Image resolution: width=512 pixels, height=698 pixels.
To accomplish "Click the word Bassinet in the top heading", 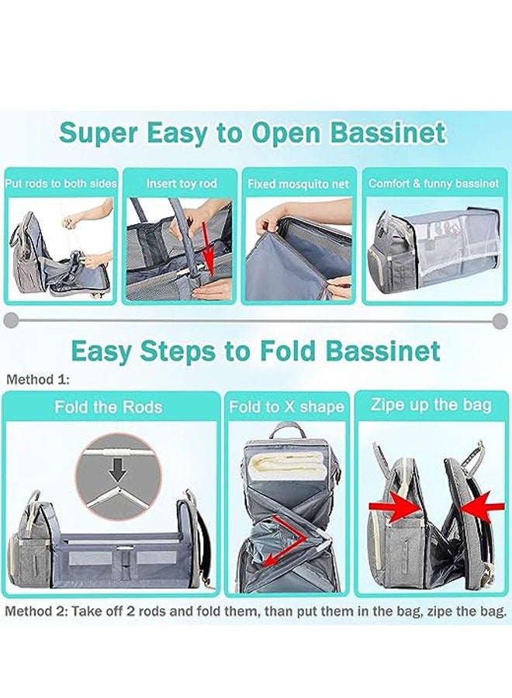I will coord(389,133).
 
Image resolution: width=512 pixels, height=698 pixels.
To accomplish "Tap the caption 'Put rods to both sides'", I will coord(61,184).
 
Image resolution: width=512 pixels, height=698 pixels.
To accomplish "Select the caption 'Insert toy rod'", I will coord(182,184).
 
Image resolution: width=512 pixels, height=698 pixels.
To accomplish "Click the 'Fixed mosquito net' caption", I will coord(299,185).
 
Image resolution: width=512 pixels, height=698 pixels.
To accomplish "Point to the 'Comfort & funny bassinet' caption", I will coord(434,184).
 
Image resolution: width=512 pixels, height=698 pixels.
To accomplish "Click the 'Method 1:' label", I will coord(38,380).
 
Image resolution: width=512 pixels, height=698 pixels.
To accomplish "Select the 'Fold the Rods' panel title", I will coord(108,407).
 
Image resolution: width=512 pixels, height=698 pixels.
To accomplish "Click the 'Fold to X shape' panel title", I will coord(286,407).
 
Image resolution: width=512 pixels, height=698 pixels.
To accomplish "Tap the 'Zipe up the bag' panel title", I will coord(431,405).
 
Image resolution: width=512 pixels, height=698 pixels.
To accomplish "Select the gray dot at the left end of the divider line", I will coord(9,320).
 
